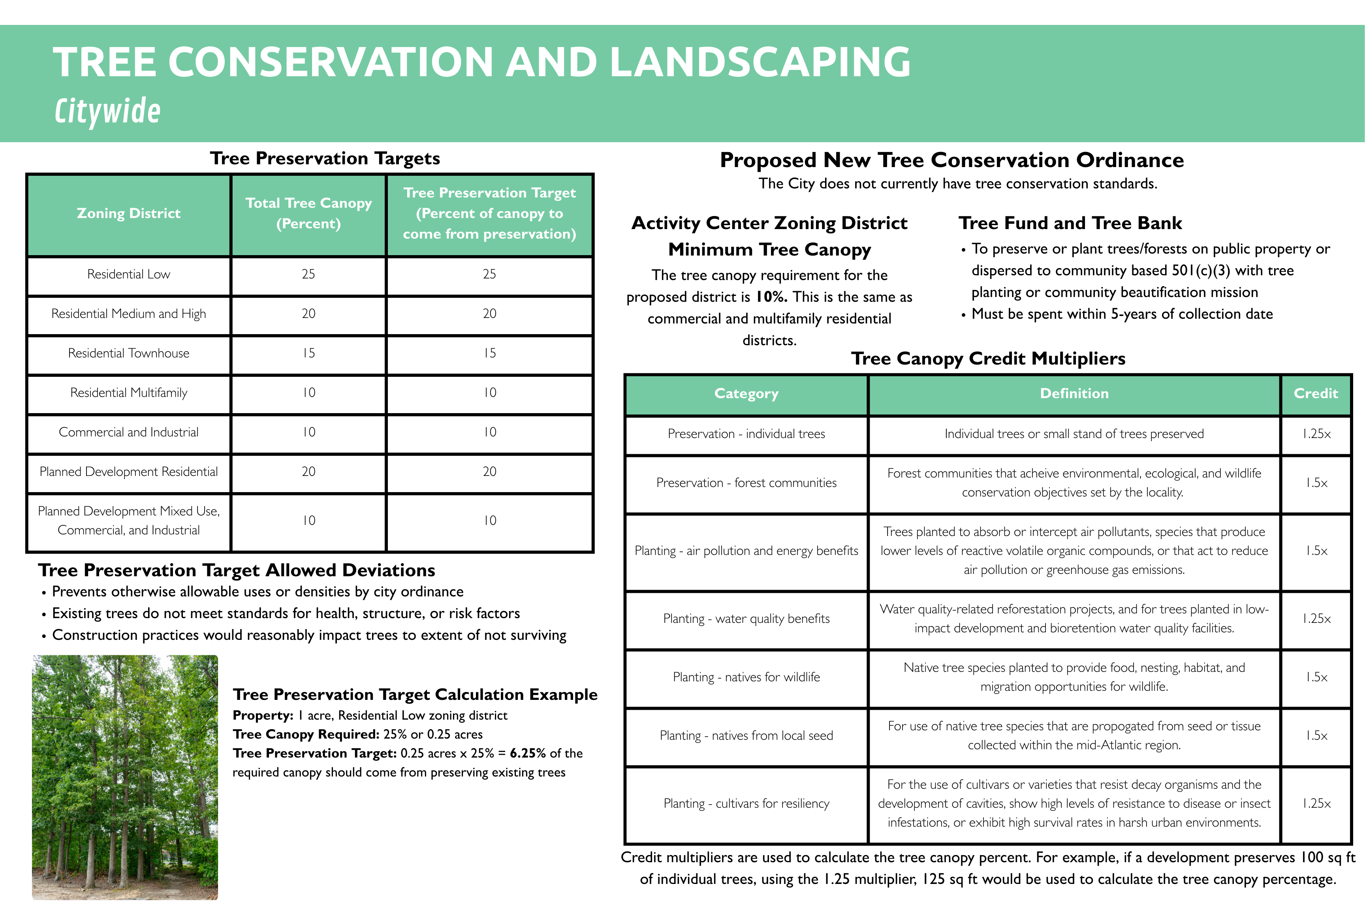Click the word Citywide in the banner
click(107, 111)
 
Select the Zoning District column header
click(128, 214)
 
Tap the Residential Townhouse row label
click(128, 353)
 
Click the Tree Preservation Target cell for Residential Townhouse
click(489, 353)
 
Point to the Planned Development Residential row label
click(128, 472)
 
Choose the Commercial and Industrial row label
click(128, 432)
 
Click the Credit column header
click(1315, 393)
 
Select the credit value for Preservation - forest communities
click(1316, 483)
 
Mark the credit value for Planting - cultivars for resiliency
click(1316, 804)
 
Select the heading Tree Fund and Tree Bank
click(1070, 224)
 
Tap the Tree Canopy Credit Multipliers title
click(988, 359)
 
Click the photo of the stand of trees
click(125, 777)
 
